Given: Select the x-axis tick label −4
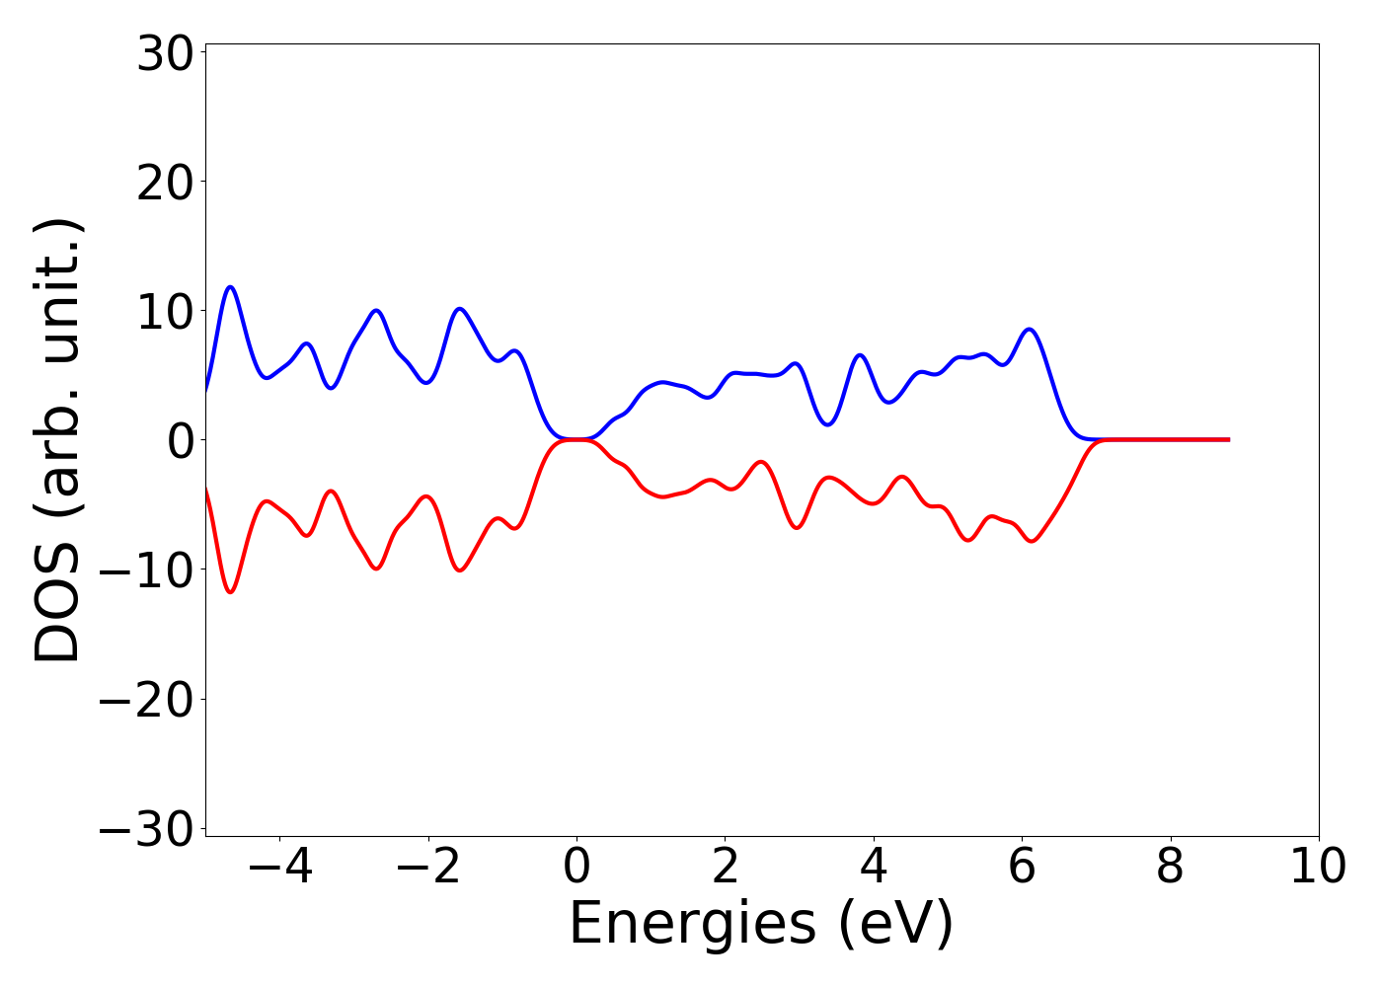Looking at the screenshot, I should pyautogui.click(x=279, y=868).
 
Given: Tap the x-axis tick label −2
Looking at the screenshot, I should pyautogui.click(x=427, y=868).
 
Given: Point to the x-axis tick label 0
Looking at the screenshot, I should pyautogui.click(x=576, y=868).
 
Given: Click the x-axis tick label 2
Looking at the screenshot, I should pyautogui.click(x=725, y=868).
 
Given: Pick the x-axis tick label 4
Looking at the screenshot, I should pyautogui.click(x=874, y=868).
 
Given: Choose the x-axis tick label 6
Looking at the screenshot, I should pyautogui.click(x=1022, y=868).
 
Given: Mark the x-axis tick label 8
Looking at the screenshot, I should pyautogui.click(x=1170, y=868).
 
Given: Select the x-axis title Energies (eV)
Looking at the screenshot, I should pyautogui.click(x=761, y=924).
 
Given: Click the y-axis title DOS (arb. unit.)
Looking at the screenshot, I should pyautogui.click(x=59, y=440).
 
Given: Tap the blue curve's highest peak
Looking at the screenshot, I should pyautogui.click(x=231, y=286).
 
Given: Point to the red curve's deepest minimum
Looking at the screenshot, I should pyautogui.click(x=231, y=592).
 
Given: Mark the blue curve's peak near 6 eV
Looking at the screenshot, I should pyautogui.click(x=1030, y=329).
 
